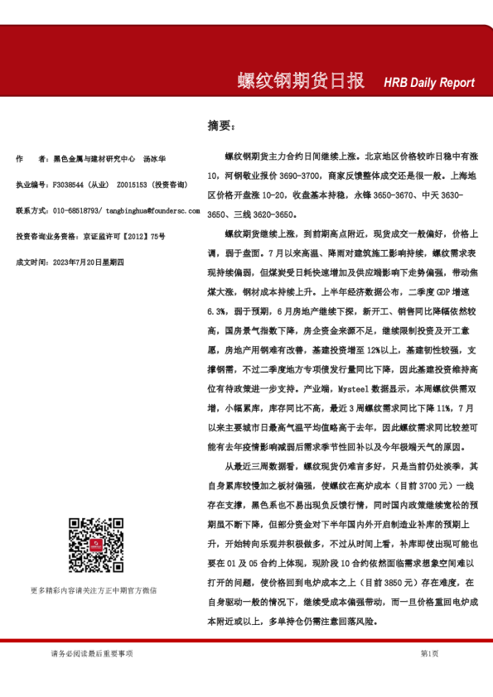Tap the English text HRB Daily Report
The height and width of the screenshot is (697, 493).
tap(428, 83)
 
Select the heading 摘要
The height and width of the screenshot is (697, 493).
tap(220, 126)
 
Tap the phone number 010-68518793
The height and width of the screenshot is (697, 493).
tap(77, 211)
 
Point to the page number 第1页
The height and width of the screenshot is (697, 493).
tap(430, 654)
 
